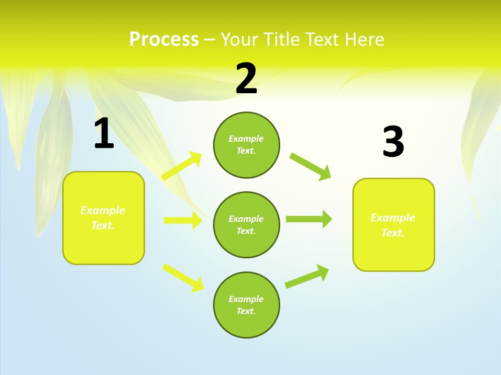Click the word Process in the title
[x=164, y=40]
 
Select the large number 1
[x=104, y=134]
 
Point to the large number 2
[x=246, y=79]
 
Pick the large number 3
[x=393, y=142]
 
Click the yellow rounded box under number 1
[x=103, y=218]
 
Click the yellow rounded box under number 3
[x=393, y=225]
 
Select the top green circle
[x=246, y=145]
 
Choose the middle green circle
[x=246, y=224]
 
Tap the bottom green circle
[x=246, y=305]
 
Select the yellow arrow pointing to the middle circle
[x=183, y=220]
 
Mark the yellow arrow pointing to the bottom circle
[x=183, y=278]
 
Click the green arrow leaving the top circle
[x=311, y=166]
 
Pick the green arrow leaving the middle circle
[x=309, y=219]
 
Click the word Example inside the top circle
[x=246, y=139]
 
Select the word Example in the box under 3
[x=393, y=218]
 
